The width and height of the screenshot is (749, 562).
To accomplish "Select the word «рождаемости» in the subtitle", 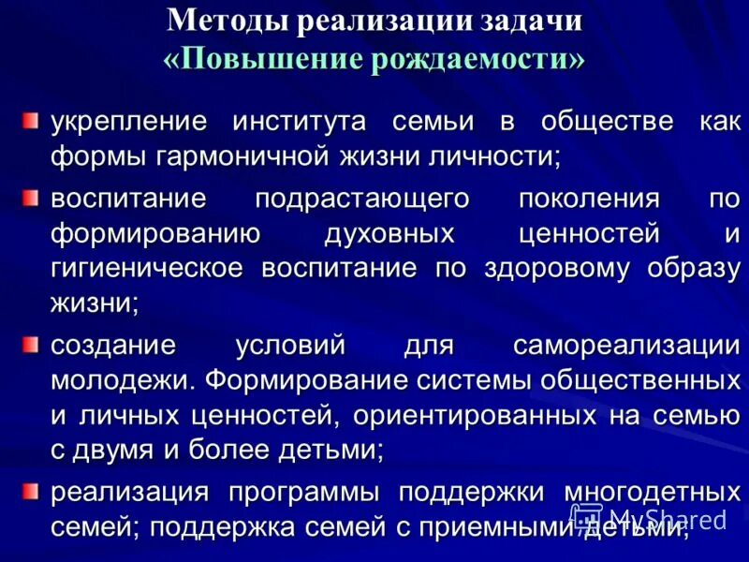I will point(475,59).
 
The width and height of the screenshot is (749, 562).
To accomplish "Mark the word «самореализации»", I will point(626,346).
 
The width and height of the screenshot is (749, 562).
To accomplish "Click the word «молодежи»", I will point(119,380).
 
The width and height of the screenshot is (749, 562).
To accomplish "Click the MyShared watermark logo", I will point(647,517).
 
